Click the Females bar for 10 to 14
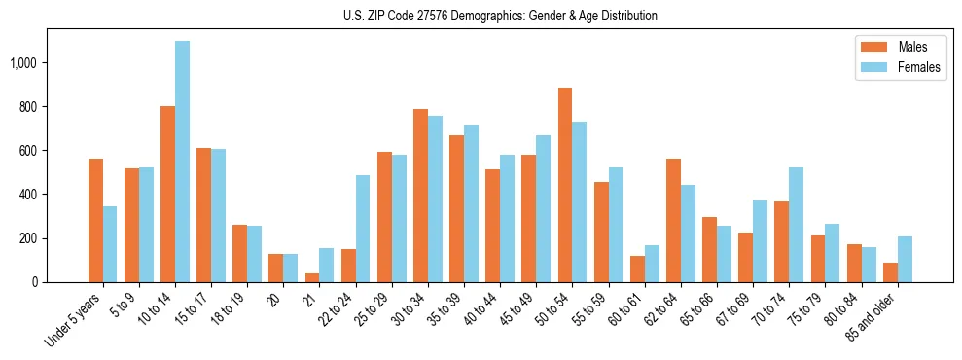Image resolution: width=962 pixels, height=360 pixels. [182, 162]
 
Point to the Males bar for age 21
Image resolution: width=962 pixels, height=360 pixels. [312, 277]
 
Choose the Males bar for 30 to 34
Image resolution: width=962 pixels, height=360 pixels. [420, 196]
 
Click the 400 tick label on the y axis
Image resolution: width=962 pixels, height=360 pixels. [29, 195]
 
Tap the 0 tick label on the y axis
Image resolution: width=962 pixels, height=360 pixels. [35, 282]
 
